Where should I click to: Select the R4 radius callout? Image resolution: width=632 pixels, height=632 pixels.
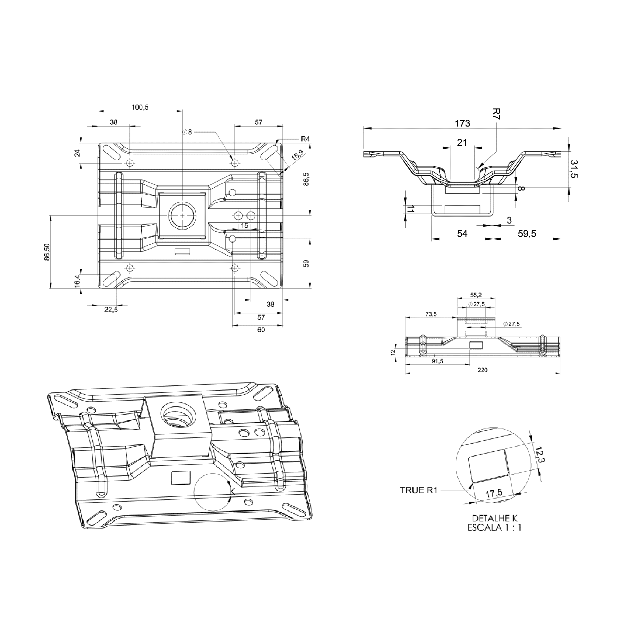(x=305, y=139)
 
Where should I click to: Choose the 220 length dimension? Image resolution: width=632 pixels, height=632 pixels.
(x=482, y=370)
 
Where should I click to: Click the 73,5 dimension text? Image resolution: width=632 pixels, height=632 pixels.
(x=431, y=314)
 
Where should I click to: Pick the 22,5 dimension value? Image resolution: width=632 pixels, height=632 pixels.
(x=111, y=309)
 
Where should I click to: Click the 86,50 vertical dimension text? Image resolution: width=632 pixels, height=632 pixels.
(x=47, y=252)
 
